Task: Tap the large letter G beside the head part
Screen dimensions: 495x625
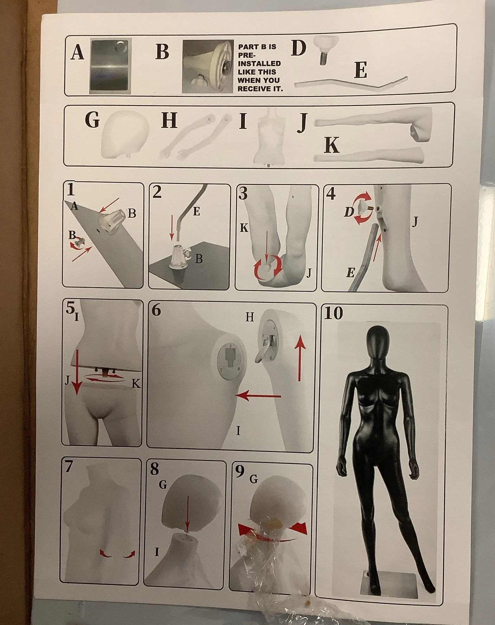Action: (92, 120)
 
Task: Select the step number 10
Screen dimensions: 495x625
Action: (333, 313)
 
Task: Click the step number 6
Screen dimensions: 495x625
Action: (156, 310)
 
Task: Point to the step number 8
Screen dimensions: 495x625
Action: (155, 469)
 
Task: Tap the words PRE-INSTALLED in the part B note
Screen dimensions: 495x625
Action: (259, 59)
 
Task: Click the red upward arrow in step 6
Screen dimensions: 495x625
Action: (300, 360)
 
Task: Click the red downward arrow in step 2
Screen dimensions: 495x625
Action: (171, 227)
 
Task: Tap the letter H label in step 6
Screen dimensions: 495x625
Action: (250, 317)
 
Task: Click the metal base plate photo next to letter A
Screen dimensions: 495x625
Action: (110, 66)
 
